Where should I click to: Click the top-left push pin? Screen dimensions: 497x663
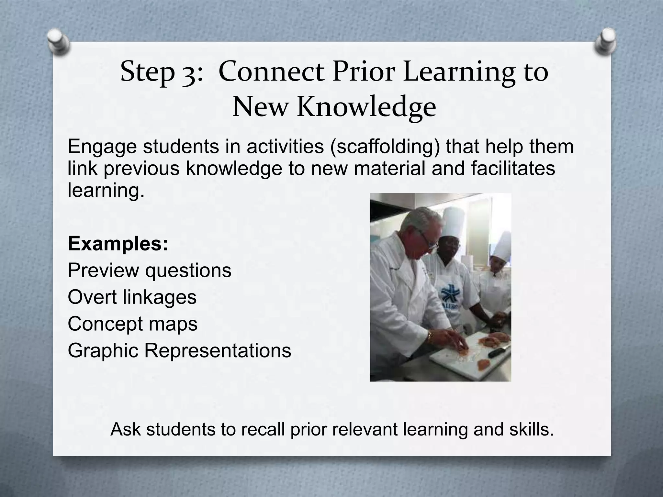coord(59,42)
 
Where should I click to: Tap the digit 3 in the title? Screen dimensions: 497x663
coord(188,73)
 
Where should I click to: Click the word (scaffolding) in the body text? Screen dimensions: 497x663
coord(385,147)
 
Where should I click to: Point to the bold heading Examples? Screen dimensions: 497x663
coord(118,244)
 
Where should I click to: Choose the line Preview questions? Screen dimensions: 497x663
coord(149,270)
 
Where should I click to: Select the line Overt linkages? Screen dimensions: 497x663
coord(132,297)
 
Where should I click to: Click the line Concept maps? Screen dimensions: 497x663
coord(132,324)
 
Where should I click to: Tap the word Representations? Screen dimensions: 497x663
coord(218,350)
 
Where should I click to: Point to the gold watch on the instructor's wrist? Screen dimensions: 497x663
coord(430,336)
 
